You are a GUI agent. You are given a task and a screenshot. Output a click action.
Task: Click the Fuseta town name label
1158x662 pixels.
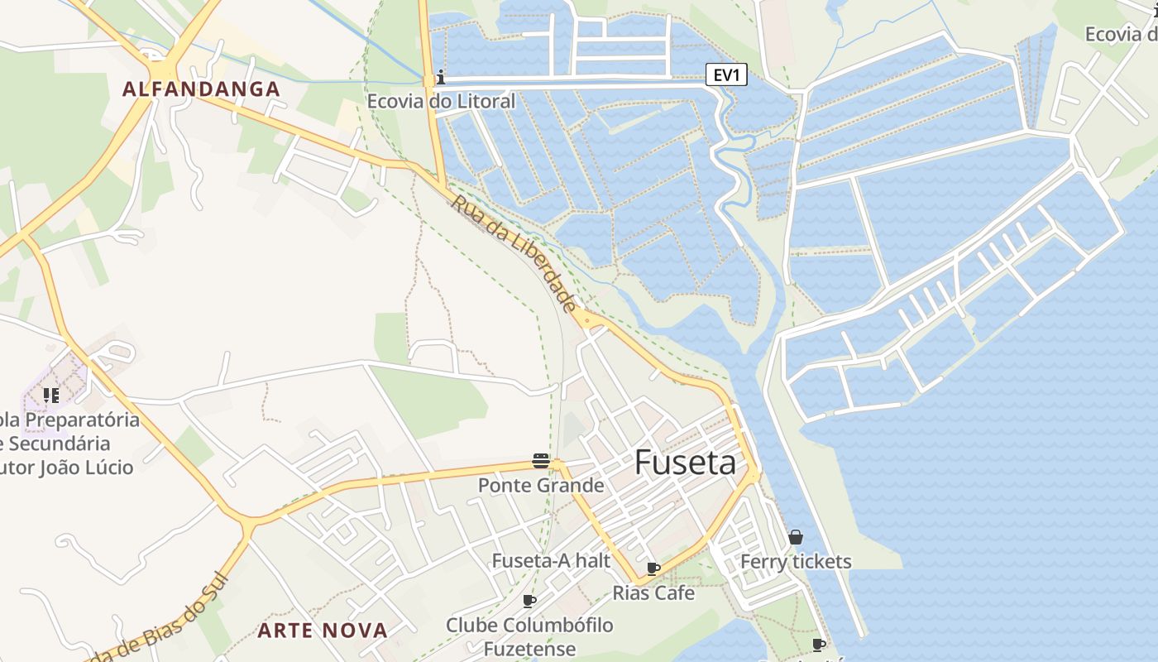pos(685,463)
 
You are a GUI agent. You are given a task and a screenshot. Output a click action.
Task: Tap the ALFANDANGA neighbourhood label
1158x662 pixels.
pos(202,89)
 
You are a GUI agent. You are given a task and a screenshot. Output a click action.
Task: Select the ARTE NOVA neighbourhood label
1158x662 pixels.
pos(323,631)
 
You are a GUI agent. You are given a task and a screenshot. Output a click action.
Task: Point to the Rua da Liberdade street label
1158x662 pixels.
pos(514,253)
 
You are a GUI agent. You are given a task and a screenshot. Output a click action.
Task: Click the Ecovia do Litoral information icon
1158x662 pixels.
pos(441,78)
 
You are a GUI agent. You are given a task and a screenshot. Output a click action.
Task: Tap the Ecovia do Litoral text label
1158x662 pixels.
pos(441,102)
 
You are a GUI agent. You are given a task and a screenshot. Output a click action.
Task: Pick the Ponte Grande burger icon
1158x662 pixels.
pos(541,461)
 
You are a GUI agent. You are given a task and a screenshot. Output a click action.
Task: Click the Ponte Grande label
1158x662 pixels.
pos(541,485)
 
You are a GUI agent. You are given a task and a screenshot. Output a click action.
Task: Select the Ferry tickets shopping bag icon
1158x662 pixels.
pos(796,538)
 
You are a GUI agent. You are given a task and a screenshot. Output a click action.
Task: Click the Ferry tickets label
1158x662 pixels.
pos(796,562)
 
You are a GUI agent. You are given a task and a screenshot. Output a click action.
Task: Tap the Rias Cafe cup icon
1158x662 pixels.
pos(653,568)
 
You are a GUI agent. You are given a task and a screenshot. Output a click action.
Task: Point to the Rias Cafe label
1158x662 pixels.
pos(653,593)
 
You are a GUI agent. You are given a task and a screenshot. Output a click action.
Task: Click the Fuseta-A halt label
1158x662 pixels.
pos(551,561)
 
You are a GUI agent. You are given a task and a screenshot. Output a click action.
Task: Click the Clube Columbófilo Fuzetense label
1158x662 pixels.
pos(529,636)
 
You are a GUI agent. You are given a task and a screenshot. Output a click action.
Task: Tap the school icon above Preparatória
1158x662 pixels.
pos(51,396)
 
